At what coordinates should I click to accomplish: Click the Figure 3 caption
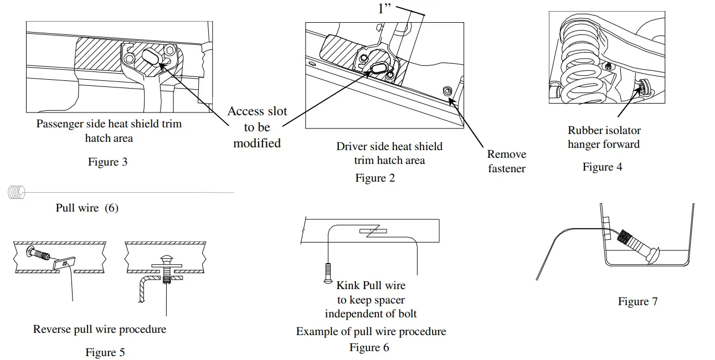coord(107,162)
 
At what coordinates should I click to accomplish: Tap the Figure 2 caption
coord(375,178)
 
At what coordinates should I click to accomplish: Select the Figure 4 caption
coord(603,167)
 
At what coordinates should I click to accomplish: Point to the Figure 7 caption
coord(638,301)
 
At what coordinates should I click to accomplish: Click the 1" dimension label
coord(384,9)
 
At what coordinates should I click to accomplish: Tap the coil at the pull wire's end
coord(16,192)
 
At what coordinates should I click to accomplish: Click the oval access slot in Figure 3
coord(151,58)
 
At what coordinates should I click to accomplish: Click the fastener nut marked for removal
coord(447,91)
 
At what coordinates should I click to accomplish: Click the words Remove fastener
coord(507,162)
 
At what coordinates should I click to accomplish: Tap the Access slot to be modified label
coord(258,127)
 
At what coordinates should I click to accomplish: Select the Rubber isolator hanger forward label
coord(604,137)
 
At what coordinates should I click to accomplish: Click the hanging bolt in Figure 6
coord(328,273)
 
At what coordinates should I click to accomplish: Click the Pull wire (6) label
coord(87,208)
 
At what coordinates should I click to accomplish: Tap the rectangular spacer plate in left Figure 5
coord(64,264)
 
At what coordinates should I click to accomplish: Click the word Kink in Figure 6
coord(348,285)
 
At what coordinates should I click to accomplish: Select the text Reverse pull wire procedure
coord(100,330)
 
